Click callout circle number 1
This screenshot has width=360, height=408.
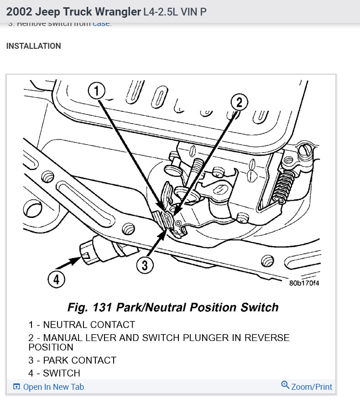coord(96,92)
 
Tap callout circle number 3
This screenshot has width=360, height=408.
coord(145,265)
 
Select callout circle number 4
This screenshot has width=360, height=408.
coord(56,279)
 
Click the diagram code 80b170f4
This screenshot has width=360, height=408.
coord(304,283)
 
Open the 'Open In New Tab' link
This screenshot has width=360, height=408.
coord(53,387)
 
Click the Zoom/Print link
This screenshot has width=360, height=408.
coord(312,387)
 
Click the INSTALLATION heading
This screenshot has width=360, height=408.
coord(34,46)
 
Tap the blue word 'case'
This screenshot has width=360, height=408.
coord(101,24)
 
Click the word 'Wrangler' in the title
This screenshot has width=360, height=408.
coord(118,11)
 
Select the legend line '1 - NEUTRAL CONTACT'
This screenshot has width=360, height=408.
coord(82,325)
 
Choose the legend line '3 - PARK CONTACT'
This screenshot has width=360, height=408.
coord(72,360)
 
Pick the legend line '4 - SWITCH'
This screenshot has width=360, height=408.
coord(54,373)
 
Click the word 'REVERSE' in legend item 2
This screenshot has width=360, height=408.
coord(267,338)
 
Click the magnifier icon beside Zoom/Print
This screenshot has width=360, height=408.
coord(285,385)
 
